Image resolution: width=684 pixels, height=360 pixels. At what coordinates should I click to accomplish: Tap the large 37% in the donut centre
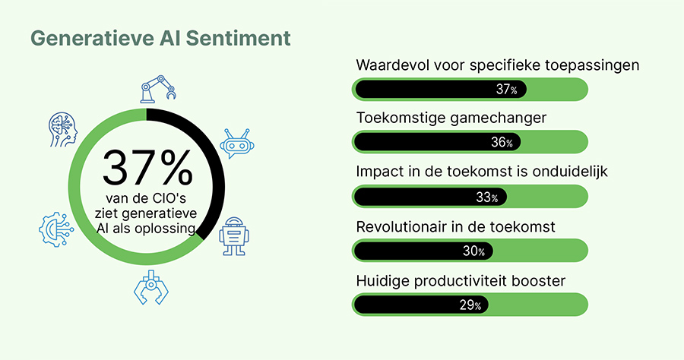coord(147,169)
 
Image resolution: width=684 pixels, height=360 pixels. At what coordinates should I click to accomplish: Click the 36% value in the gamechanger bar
coord(502,142)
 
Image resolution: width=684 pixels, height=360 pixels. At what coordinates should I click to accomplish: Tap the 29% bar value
coord(470,305)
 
